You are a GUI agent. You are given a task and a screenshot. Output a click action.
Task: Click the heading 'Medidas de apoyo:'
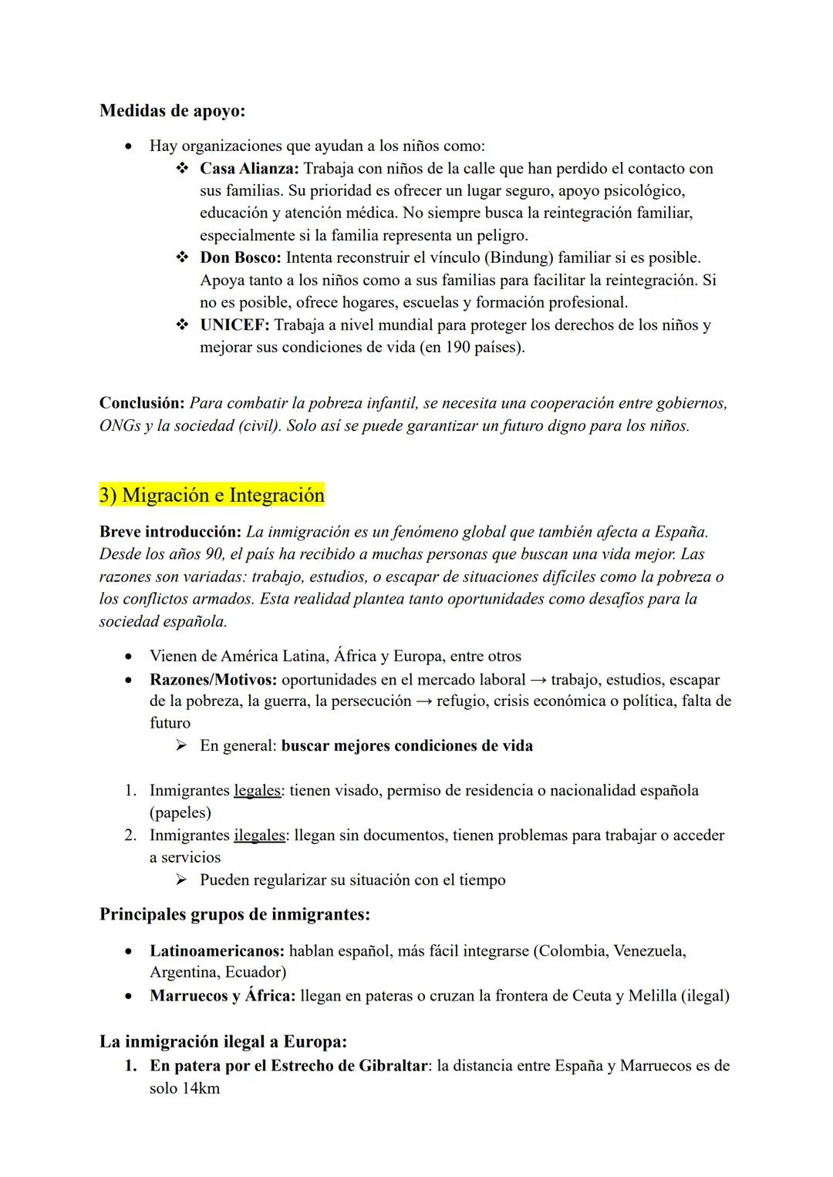172,111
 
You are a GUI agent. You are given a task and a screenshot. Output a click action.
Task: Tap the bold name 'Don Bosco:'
241,257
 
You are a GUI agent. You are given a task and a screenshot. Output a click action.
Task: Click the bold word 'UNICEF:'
234,325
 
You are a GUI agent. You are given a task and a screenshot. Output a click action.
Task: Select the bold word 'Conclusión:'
142,403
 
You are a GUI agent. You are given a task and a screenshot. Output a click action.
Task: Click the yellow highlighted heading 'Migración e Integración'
223,495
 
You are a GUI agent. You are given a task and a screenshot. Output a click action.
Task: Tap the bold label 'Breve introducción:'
170,532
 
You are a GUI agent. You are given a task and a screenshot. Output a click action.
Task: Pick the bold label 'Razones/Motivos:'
214,680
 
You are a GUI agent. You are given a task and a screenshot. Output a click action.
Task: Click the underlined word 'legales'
257,790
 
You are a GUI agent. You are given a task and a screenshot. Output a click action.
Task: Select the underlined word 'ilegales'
259,835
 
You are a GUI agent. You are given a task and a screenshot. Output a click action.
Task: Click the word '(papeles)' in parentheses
180,812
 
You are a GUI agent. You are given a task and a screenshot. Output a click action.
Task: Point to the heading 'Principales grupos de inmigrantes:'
234,914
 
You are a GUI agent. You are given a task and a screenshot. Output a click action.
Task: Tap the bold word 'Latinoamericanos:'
217,950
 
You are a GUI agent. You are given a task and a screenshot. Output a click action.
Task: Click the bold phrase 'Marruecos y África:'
222,995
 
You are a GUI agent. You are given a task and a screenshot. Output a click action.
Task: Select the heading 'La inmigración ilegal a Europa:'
223,1041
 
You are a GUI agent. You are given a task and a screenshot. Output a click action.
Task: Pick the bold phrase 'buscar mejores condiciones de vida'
407,745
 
